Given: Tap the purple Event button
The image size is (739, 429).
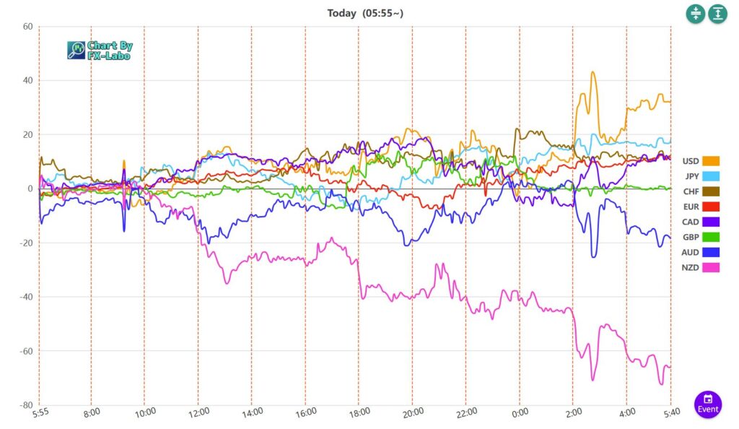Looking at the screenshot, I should click(x=708, y=404).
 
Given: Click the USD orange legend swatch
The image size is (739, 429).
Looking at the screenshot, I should click(x=711, y=161).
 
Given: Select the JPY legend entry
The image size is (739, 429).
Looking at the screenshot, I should click(x=701, y=176).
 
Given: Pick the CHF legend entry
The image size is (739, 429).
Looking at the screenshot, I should click(x=701, y=191).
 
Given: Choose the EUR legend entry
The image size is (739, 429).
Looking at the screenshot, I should click(x=701, y=207).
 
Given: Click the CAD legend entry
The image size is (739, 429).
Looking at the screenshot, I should click(x=701, y=222).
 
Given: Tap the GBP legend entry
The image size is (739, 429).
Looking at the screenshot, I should click(x=701, y=237).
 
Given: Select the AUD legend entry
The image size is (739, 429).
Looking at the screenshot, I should click(x=701, y=252).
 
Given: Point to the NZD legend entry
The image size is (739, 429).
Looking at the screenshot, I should click(x=701, y=267).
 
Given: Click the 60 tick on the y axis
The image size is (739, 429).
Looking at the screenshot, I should click(x=28, y=27).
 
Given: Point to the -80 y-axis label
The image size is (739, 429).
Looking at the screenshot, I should click(x=26, y=405).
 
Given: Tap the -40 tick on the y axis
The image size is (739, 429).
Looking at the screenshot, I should click(x=26, y=297).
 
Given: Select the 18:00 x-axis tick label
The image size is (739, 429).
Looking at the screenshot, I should click(x=359, y=412).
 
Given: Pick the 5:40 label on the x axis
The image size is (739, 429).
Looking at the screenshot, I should click(x=670, y=412).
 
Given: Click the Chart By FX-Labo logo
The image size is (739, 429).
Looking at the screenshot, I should click(x=100, y=50).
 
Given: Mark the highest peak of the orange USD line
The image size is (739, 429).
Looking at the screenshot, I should click(x=592, y=72).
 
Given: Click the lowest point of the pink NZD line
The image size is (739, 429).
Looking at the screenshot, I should click(x=661, y=384).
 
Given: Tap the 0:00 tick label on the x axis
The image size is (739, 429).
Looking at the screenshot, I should click(x=519, y=412).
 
